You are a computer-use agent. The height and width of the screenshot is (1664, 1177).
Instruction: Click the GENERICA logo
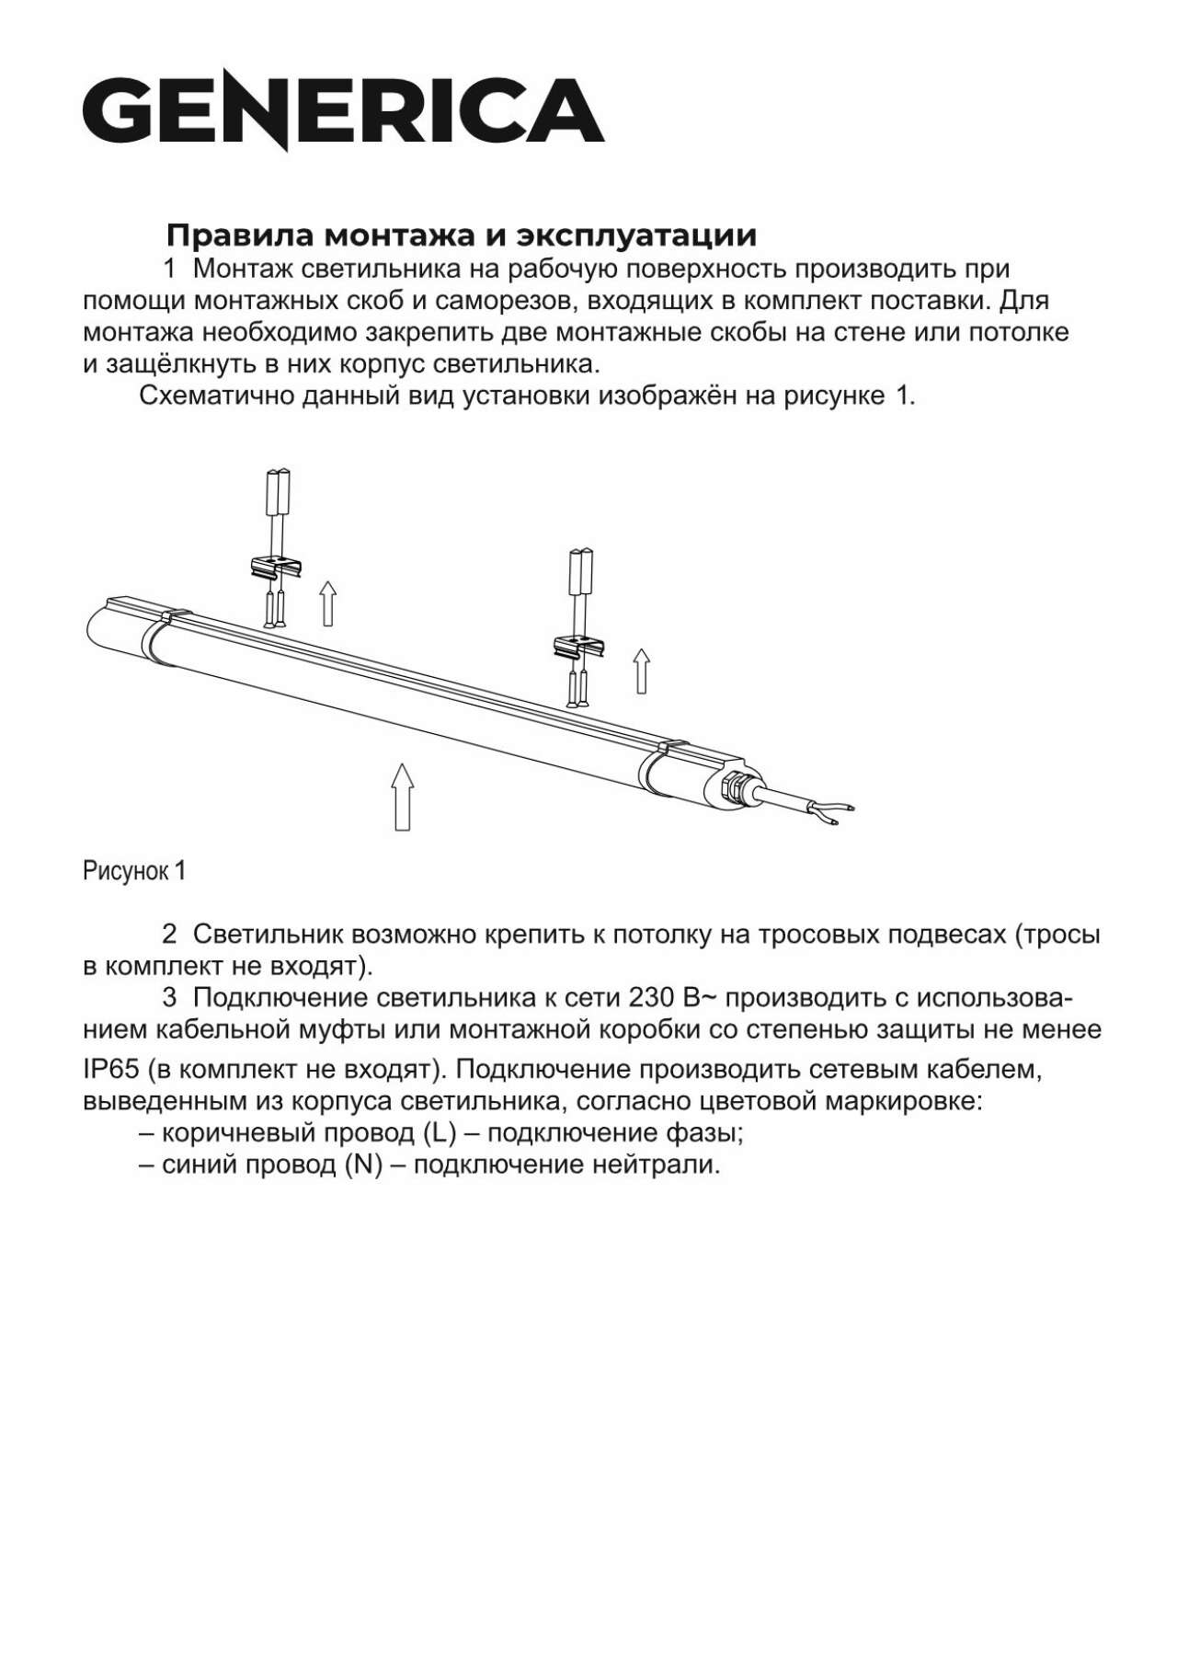[x=344, y=112]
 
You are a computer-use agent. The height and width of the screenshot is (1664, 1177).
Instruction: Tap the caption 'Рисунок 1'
[x=134, y=870]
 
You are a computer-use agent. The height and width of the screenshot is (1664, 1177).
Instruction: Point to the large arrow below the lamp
[x=402, y=797]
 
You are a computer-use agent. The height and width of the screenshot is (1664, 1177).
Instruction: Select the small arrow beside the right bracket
[x=642, y=671]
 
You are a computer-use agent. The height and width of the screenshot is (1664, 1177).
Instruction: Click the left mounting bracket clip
[x=277, y=571]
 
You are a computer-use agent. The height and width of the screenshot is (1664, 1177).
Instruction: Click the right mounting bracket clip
[x=577, y=648]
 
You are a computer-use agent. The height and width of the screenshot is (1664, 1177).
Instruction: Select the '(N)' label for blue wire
[x=363, y=1165]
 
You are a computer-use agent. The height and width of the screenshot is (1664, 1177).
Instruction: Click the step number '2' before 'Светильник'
[x=169, y=935]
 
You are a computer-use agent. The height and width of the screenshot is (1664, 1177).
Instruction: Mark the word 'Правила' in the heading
[x=234, y=235]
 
